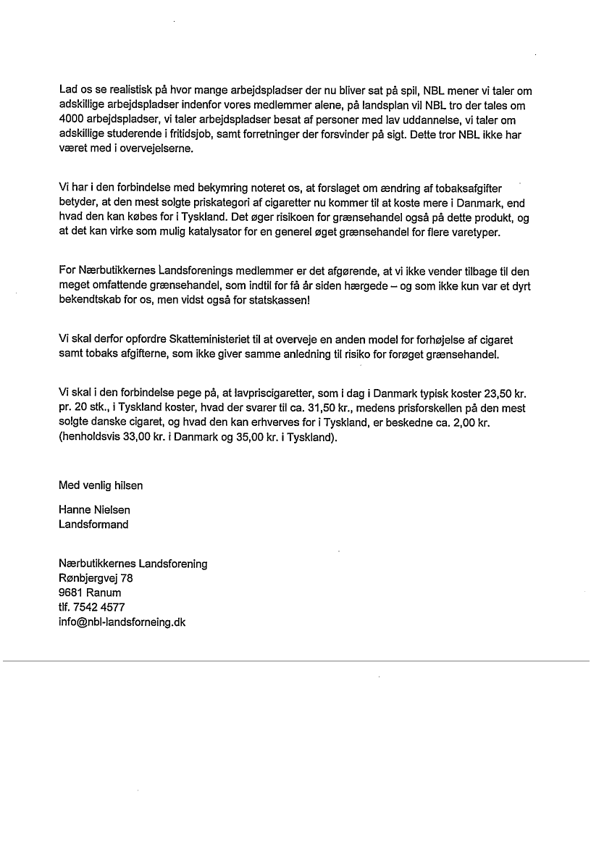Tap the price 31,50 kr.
[x=325, y=409]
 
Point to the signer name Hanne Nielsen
[x=95, y=510]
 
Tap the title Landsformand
[x=93, y=524]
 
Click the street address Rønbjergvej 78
[x=96, y=578]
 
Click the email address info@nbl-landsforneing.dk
[x=122, y=622]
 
